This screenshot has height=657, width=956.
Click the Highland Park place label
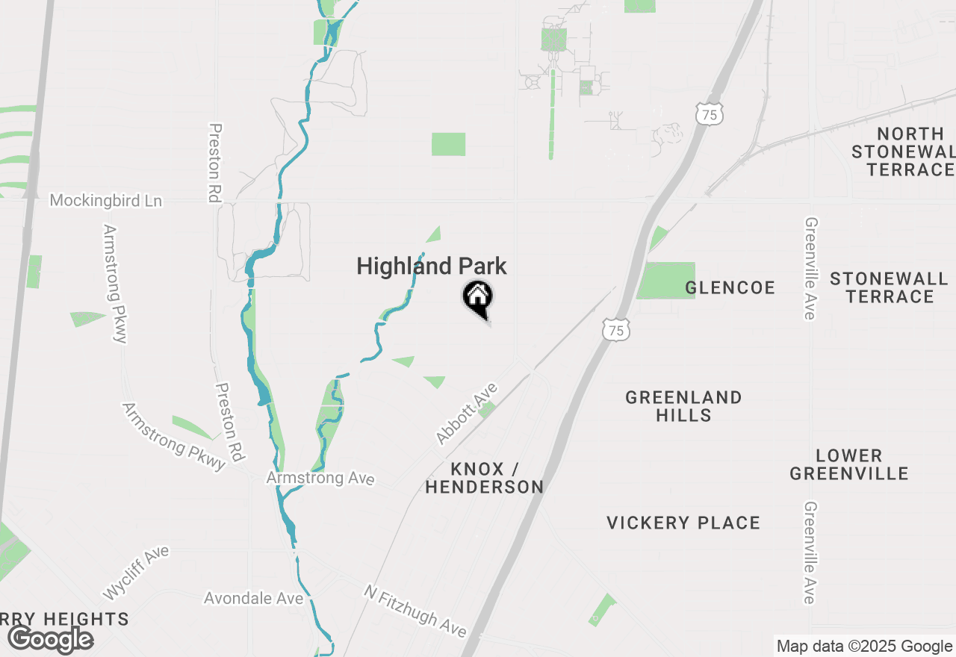click(x=432, y=267)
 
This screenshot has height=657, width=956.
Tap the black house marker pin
click(x=478, y=299)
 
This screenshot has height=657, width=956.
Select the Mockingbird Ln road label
click(x=105, y=201)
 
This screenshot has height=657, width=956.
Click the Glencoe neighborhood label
click(x=730, y=288)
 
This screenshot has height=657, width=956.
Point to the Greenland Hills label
click(x=683, y=406)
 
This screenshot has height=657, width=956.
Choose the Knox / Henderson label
click(x=485, y=478)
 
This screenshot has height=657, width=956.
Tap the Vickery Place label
click(x=683, y=523)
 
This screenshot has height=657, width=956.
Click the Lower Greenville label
click(x=849, y=464)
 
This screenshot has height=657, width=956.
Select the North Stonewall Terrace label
click(x=903, y=152)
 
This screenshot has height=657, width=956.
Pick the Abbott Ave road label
click(x=467, y=414)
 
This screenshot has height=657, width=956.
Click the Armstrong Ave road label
click(x=320, y=478)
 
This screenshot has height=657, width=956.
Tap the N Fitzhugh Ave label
click(x=415, y=611)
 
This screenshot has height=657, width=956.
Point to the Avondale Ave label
click(x=254, y=599)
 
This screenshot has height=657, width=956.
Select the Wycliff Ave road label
click(x=136, y=573)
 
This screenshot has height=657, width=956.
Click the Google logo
click(x=51, y=639)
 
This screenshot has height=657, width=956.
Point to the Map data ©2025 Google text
click(x=864, y=647)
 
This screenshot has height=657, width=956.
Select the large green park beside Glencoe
click(x=666, y=281)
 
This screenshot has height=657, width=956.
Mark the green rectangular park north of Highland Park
click(x=448, y=144)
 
